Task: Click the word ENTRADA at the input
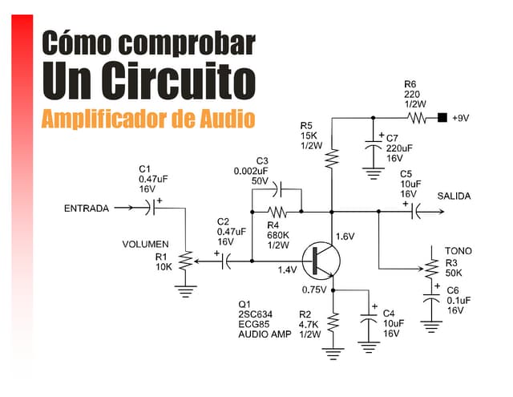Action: pos(86,209)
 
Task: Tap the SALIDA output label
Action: pos(454,196)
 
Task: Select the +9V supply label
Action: pos(459,118)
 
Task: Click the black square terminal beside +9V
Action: pos(442,118)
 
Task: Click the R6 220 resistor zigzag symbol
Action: pos(417,118)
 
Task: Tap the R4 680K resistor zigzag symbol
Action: pos(277,213)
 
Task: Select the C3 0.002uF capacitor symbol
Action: pos(277,189)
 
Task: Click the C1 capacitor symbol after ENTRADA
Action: pos(152,209)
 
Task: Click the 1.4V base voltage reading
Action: pos(288,270)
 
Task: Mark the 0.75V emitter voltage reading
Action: pos(313,290)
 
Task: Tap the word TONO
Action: pos(458,251)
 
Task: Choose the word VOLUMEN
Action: pos(145,244)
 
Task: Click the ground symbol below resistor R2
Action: pos(333,350)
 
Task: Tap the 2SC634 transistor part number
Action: pos(256,314)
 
